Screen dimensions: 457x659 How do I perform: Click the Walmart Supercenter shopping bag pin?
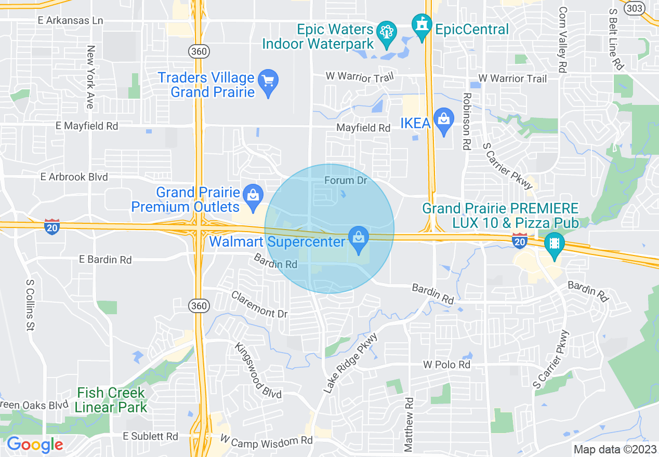coord(359,239)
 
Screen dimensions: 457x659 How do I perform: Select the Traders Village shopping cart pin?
coord(268,83)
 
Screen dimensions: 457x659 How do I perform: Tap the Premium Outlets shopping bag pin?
coord(253,197)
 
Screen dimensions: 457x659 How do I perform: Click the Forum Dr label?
coord(346,181)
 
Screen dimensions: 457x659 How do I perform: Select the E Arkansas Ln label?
coord(70,21)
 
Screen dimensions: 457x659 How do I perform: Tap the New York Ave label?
coord(90,77)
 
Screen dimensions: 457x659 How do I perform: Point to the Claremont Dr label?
coord(259,304)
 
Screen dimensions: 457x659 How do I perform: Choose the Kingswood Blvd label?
coord(257,370)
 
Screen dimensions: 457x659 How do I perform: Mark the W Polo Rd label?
coord(446,365)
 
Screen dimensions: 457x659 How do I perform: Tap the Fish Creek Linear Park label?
coord(111,399)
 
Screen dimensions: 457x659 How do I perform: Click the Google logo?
coord(34,445)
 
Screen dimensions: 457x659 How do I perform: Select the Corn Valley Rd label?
coord(563,39)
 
